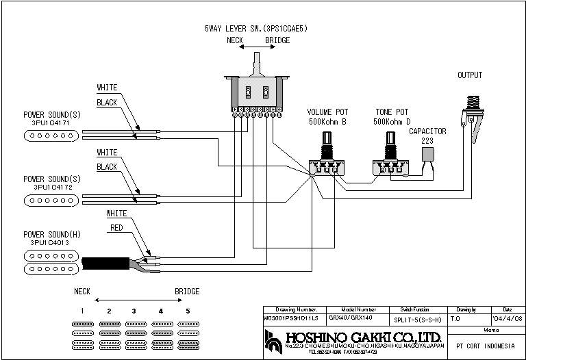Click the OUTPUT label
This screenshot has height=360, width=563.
coord(470,75)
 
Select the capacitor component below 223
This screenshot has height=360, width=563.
coord(427,155)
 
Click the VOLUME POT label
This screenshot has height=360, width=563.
coord(326,112)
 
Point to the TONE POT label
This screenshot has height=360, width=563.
coord(392,112)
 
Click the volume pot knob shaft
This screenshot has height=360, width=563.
coord(325,144)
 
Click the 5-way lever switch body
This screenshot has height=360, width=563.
coord(256,92)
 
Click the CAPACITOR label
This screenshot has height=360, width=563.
coord(427,131)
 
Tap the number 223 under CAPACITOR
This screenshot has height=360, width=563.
coord(427,140)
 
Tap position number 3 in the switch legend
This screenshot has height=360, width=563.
coord(134,311)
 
